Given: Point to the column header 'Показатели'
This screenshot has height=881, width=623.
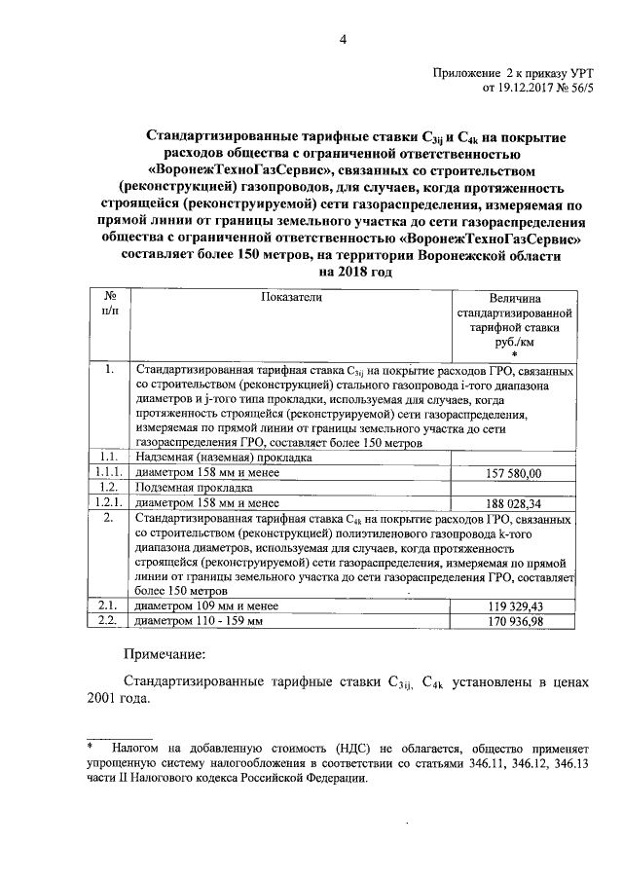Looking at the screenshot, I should tap(290, 298).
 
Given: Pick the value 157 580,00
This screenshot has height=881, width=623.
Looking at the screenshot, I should tap(513, 473).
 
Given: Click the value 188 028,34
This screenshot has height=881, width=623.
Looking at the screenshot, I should tap(513, 503).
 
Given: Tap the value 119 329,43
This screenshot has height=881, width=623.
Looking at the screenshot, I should tap(513, 606).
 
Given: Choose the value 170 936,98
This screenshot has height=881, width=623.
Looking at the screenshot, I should tap(513, 621).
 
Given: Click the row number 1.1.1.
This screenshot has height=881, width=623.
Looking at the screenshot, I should tap(107, 472).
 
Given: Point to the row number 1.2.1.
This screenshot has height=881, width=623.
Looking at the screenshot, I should tap(107, 502).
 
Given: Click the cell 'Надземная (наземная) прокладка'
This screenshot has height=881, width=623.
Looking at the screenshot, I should tap(223, 457).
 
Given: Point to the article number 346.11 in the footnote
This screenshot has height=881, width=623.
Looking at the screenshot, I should tap(467, 765).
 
